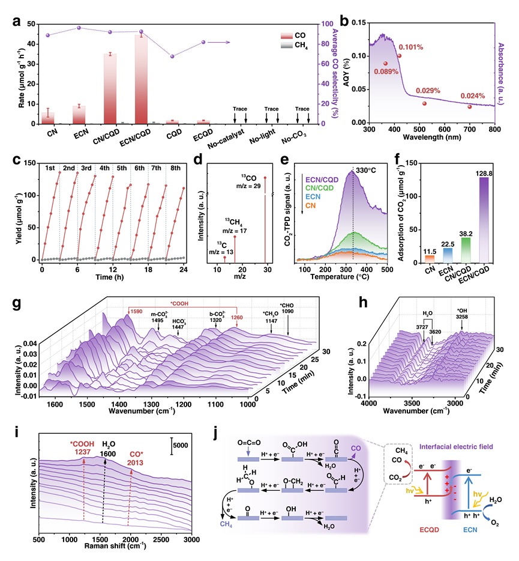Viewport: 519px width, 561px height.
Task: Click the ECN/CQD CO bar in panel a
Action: [x=140, y=78]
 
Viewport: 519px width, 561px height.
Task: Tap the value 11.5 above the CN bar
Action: [x=410, y=249]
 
